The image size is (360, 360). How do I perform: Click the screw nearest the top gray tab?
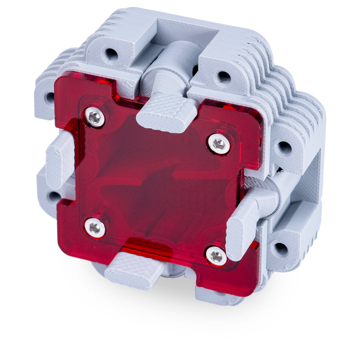[x=94, y=117]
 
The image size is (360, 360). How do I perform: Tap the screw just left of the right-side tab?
[x=219, y=144]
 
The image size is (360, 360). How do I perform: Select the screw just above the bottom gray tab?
[x=94, y=228]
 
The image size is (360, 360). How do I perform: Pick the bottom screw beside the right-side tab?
[x=216, y=255]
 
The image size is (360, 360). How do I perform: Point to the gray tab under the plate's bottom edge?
[x=132, y=270]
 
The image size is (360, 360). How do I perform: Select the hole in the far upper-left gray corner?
[x=49, y=98]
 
